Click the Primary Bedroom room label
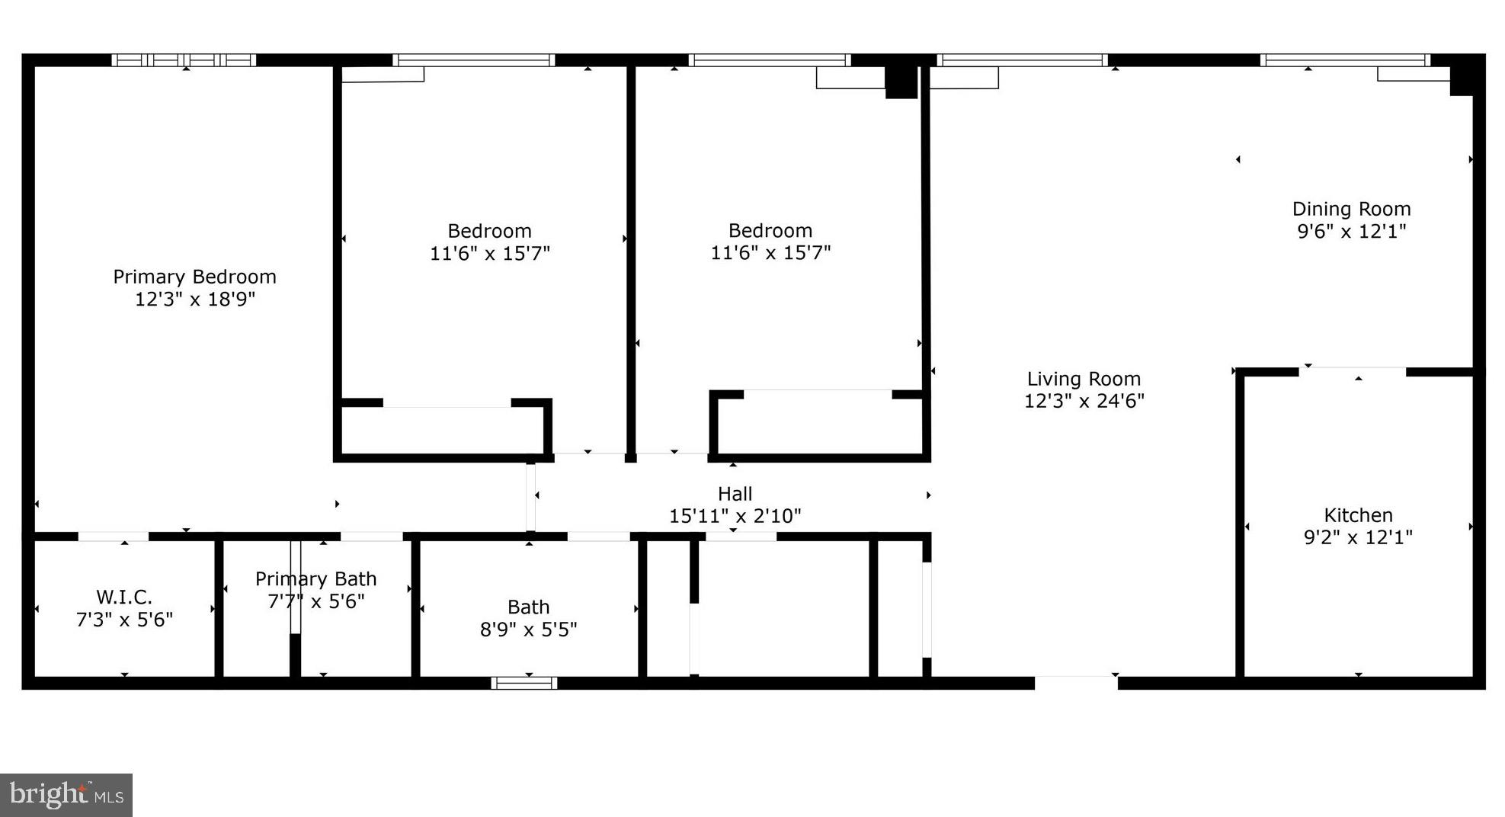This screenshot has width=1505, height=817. (194, 277)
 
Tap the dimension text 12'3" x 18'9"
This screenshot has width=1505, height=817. (194, 299)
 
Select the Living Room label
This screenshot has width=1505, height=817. (1084, 379)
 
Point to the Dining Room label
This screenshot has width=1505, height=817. (1351, 209)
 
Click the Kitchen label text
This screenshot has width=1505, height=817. (1358, 515)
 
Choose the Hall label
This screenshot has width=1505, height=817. (735, 494)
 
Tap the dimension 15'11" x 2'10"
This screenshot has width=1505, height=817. (735, 516)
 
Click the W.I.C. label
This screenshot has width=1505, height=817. (124, 597)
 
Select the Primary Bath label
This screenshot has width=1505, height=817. (315, 579)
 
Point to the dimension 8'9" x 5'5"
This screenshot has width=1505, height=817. (528, 630)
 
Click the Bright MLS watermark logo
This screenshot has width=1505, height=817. (66, 795)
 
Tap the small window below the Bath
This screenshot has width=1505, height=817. (524, 683)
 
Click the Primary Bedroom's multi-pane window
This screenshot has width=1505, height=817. (184, 60)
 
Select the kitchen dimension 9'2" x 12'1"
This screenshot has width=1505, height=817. (1358, 537)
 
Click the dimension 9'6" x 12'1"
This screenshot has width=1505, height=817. (1351, 231)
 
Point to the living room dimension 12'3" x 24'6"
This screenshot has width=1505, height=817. (1084, 401)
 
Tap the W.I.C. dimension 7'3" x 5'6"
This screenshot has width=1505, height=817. (124, 619)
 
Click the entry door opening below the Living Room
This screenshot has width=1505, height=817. (1076, 682)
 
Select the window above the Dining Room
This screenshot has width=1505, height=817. (1345, 60)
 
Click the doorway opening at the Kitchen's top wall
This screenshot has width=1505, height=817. (1353, 371)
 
